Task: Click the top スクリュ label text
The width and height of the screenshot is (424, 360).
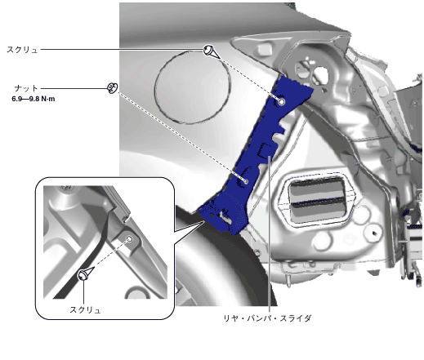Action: (x=22, y=50)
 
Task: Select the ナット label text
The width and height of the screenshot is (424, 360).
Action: (x=26, y=88)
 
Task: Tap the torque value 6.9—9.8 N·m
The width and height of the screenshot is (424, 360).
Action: (x=33, y=99)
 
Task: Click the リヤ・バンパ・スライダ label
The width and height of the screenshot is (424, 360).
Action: (x=267, y=318)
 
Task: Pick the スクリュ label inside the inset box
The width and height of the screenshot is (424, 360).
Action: (x=85, y=310)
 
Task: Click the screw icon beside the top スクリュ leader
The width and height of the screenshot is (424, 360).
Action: (x=211, y=51)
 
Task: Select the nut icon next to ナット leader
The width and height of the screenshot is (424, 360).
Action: (x=112, y=88)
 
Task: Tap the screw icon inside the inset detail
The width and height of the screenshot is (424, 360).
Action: (x=85, y=273)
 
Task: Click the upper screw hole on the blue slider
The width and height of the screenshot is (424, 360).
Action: (x=282, y=102)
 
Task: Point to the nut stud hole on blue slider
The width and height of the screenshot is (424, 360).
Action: (x=246, y=181)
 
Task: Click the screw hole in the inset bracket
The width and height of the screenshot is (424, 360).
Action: (x=130, y=239)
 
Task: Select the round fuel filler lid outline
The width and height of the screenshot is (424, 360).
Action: (x=193, y=87)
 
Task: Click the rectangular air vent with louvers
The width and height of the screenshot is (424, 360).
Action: (x=317, y=200)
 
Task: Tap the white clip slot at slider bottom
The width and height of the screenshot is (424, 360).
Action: (x=225, y=216)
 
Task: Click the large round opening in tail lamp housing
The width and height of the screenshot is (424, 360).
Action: (x=320, y=74)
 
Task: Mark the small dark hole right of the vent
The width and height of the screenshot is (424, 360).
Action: (x=374, y=233)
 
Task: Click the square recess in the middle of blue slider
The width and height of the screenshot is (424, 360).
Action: (x=265, y=150)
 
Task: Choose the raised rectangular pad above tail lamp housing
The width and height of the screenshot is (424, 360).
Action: (x=264, y=49)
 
